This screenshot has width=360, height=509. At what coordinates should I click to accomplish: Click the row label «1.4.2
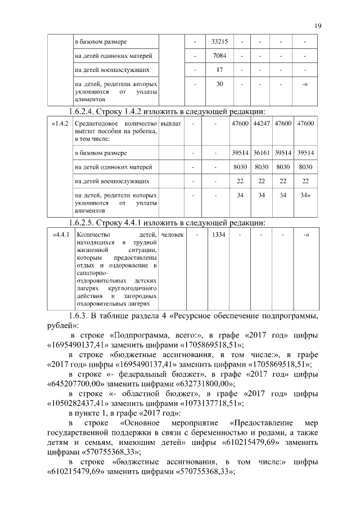(x=60, y=123)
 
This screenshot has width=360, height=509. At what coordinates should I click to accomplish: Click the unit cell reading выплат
(x=170, y=123)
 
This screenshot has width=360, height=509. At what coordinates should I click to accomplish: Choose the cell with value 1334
(x=218, y=234)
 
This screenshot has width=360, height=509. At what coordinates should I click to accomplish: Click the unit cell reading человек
(x=172, y=234)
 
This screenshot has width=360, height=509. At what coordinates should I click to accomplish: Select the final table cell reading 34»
(x=305, y=195)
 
